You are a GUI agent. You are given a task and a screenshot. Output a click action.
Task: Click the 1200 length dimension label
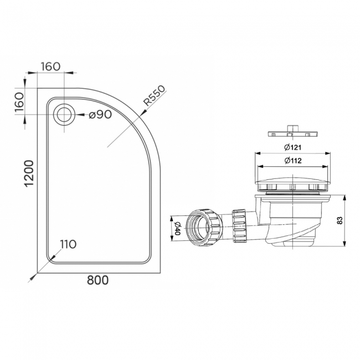(28, 173)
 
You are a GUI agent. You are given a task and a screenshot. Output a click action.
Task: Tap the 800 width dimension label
(97, 280)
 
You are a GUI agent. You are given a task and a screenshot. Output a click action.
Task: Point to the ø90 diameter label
(100, 115)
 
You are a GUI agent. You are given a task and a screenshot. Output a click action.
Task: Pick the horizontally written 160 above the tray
(49, 66)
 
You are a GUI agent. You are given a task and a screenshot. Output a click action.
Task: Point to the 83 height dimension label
(339, 220)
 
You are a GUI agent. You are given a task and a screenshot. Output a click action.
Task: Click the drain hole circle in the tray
(64, 115)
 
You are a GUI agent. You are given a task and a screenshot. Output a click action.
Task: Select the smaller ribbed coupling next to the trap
(239, 225)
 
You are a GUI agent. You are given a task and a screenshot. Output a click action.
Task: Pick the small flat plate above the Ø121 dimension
(292, 132)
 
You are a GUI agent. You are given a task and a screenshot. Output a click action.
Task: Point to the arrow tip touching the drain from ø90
(75, 115)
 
